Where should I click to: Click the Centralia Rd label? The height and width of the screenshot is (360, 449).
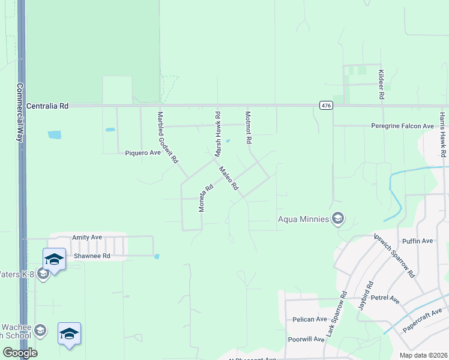tap(48, 106)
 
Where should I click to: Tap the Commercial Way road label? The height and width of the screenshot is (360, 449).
tap(20, 112)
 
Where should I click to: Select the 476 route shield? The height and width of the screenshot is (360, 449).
tap(325, 106)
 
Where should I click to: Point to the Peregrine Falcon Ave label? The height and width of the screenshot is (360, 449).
tap(402, 126)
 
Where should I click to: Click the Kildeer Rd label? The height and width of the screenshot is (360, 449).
tap(381, 83)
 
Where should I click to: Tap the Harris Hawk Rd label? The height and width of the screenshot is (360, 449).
tap(442, 134)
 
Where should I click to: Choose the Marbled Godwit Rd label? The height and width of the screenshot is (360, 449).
tap(168, 138)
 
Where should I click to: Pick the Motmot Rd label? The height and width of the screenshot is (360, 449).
tap(248, 127)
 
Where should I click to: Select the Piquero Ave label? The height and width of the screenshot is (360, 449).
tap(143, 153)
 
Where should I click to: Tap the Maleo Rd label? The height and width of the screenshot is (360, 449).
tap(229, 178)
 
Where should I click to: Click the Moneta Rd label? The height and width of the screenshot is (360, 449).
tap(206, 197)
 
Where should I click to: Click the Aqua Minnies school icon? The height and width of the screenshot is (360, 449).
tap(338, 218)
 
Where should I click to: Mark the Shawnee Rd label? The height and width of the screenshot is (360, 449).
tap(92, 256)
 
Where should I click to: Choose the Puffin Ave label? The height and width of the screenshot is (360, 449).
tap(418, 241)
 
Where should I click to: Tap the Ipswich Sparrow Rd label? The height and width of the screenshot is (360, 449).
tap(394, 254)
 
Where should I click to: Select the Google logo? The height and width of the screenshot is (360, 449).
tap(20, 353)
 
